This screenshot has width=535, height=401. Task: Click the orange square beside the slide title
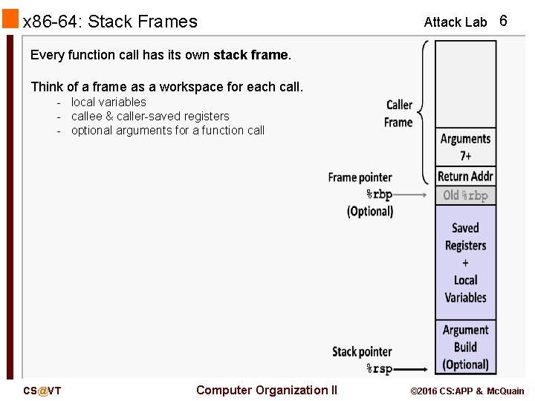10,19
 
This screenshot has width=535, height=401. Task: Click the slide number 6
503,21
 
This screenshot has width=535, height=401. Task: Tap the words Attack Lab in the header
455,22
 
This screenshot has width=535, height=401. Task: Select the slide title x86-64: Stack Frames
111,22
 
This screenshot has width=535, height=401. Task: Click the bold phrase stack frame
251,55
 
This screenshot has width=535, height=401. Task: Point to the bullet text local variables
108,102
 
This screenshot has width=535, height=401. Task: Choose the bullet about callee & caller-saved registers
150,116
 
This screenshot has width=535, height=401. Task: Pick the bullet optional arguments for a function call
168,130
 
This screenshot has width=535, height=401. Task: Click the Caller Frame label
399,113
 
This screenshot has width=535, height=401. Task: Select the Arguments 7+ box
465,147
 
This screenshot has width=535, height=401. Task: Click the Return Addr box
465,176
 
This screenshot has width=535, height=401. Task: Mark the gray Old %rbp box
465,195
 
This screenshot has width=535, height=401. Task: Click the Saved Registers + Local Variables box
465,262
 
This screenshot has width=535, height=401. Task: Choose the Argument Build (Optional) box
465,347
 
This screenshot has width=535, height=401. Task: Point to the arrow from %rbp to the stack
412,195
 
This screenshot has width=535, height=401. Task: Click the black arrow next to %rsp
412,368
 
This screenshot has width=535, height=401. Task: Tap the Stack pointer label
361,351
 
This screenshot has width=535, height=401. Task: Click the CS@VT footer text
42,391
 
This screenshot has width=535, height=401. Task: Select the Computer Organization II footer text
266,390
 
